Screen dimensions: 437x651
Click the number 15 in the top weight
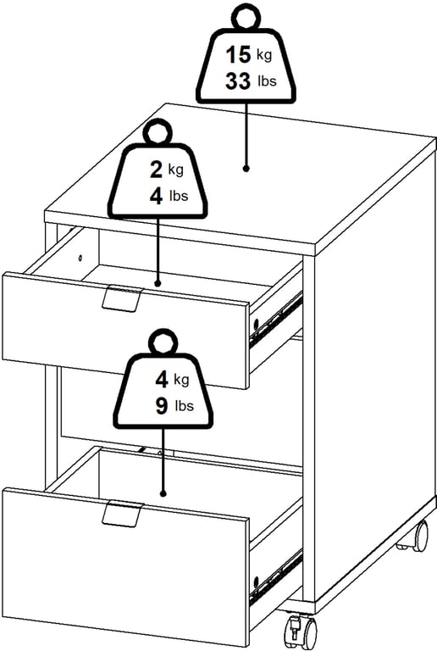[x=238, y=55]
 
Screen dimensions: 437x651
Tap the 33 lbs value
[x=251, y=81]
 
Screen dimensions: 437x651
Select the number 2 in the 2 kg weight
[x=157, y=170]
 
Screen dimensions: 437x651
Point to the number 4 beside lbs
[x=157, y=196]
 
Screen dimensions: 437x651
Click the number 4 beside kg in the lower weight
[x=162, y=380]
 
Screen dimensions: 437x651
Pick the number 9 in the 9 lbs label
[x=162, y=406]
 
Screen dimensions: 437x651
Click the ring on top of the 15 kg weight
[x=246, y=18]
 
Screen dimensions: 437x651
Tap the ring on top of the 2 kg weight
[x=158, y=133]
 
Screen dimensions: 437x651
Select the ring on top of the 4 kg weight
[x=163, y=343]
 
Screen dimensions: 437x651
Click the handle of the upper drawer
[x=121, y=298]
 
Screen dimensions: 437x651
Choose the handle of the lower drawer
[x=122, y=512]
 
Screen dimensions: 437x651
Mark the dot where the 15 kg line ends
[x=246, y=169]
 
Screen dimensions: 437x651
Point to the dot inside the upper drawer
[x=158, y=283]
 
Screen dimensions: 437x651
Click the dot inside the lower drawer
[x=163, y=493]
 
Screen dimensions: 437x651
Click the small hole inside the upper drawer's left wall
[x=80, y=259]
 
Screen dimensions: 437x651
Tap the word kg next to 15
[x=264, y=55]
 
